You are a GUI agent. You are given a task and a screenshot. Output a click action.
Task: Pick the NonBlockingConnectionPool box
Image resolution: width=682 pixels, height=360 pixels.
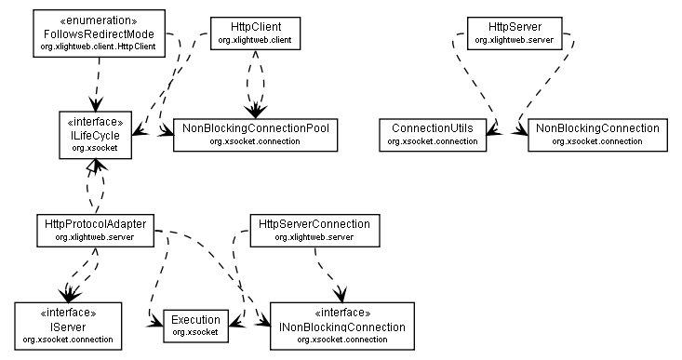(254, 134)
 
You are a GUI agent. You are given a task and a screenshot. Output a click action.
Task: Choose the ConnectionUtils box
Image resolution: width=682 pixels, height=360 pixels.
(432, 134)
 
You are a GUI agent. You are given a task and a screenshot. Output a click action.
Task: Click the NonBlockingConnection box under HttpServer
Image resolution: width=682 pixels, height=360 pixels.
(596, 134)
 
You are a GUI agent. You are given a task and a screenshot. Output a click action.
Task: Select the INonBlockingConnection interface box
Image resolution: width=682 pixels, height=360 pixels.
(341, 326)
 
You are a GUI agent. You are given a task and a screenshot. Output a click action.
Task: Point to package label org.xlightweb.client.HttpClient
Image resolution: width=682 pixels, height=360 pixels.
(98, 45)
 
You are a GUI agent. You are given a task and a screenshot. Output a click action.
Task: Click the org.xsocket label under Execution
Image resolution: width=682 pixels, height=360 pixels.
(196, 332)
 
